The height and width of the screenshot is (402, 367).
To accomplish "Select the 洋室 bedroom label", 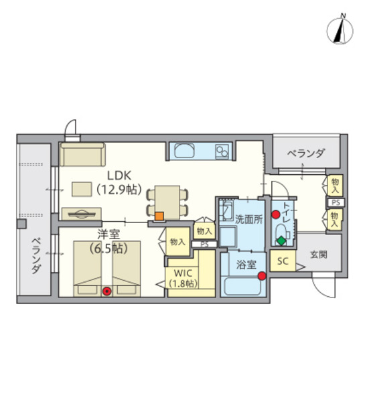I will point(108,234).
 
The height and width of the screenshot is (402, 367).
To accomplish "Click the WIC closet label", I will point(182,273).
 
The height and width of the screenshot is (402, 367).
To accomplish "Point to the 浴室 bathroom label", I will point(246,264).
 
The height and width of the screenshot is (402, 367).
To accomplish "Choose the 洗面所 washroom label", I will point(248,218).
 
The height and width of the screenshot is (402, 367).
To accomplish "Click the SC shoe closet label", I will point(283,261).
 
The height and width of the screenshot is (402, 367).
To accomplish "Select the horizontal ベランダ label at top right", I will point(306,154).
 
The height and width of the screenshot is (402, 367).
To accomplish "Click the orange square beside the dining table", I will point(159,216).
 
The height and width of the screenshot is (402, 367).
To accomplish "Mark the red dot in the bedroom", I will point(106,291).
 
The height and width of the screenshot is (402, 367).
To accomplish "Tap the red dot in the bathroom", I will point(261,275).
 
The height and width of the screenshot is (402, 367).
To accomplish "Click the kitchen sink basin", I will point(184,151).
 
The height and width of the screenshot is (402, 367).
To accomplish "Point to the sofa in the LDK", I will point(82,155).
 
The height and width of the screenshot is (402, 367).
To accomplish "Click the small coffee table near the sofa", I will point(82,190).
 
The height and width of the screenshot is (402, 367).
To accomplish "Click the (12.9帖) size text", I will point(119,189).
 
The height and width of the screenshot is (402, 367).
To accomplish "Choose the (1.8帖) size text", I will point(182,283).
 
